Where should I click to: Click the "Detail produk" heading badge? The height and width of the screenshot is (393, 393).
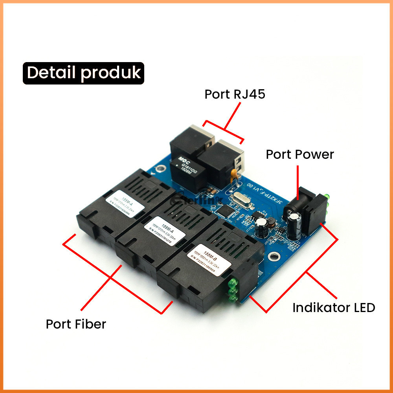click(x=83, y=73)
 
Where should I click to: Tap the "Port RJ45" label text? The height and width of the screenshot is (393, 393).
click(x=235, y=95)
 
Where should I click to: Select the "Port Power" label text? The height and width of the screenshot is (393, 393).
click(x=299, y=154)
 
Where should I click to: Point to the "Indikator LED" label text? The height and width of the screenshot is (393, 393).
click(x=334, y=307)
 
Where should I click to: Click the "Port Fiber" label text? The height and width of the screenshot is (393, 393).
click(x=76, y=324)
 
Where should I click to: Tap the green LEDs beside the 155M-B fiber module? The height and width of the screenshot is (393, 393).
click(x=232, y=291)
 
